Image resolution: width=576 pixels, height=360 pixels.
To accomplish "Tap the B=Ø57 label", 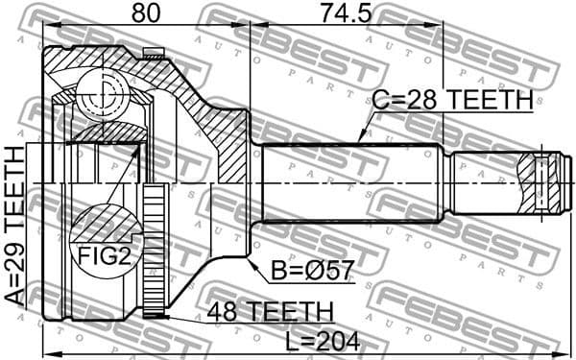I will (311, 273).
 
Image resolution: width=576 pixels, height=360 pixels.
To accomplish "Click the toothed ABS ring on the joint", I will (153, 254).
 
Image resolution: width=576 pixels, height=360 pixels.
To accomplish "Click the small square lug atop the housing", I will (149, 53).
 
